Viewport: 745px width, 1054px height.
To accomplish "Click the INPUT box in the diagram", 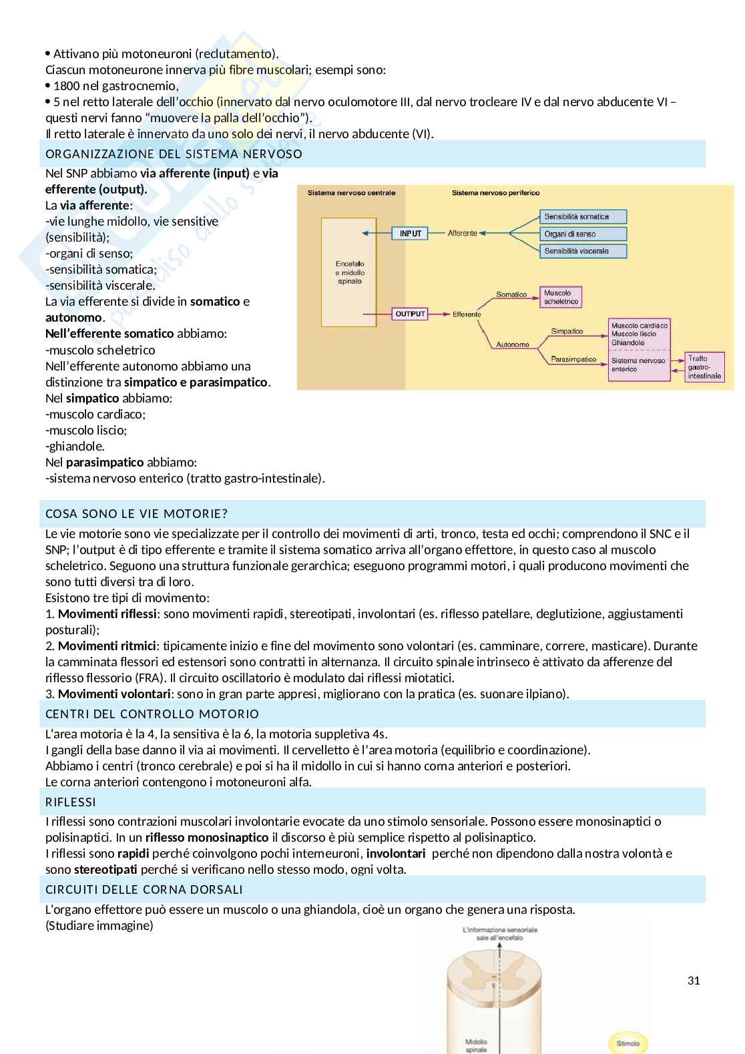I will [411, 234].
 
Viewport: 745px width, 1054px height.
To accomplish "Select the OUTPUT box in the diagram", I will [410, 314].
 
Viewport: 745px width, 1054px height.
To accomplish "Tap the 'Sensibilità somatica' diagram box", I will [583, 216].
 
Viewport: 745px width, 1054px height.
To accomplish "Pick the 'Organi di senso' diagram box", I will [583, 234].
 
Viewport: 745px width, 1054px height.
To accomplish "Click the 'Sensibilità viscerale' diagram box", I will [583, 251].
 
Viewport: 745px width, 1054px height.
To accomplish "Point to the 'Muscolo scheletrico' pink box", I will [561, 297].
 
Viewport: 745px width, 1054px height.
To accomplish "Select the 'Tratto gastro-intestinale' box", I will [704, 367].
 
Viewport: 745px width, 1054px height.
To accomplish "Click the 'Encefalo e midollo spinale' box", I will [349, 272].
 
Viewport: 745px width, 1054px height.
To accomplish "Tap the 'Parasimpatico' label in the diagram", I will [573, 359].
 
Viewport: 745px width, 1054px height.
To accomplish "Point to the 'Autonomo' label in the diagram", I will [512, 344].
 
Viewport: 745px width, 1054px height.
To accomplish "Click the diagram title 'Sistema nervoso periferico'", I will [495, 193].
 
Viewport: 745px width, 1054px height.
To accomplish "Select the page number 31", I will [694, 981].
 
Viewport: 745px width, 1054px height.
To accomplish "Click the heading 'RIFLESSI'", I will [71, 802].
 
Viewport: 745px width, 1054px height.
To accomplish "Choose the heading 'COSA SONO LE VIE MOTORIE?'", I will [136, 513].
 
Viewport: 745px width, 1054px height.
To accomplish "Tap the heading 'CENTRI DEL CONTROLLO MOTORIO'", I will [152, 714].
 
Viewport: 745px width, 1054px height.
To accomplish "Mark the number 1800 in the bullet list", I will [66, 85].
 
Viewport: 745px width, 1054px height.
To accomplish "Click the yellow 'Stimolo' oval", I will [628, 1043].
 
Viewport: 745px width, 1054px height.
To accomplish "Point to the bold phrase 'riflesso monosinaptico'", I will [206, 837].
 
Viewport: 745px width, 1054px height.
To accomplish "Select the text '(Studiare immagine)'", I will [99, 925].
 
